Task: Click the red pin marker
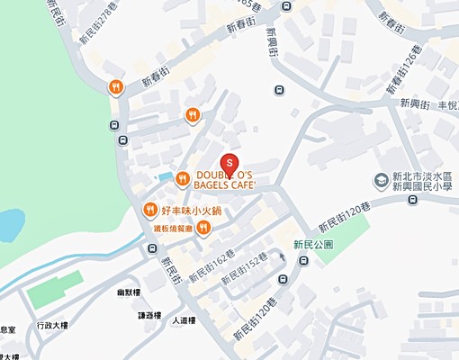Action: pyautogui.click(x=229, y=163)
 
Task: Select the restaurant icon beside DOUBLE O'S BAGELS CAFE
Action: pyautogui.click(x=182, y=177)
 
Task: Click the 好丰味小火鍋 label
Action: pyautogui.click(x=191, y=211)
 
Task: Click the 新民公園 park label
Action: pyautogui.click(x=313, y=244)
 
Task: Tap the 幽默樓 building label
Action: pyautogui.click(x=152, y=292)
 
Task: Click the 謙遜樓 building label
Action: pyautogui.click(x=149, y=315)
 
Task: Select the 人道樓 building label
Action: pyautogui.click(x=184, y=319)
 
